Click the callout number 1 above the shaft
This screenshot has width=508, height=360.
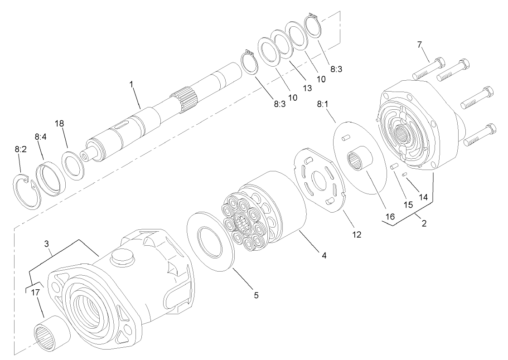tap(131, 84)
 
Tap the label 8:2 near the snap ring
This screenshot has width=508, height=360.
tap(20, 148)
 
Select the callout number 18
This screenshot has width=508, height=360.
tap(60, 124)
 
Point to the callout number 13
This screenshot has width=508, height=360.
tap(308, 88)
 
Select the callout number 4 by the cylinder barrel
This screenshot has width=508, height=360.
tap(324, 255)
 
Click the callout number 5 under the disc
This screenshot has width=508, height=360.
tap(256, 295)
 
